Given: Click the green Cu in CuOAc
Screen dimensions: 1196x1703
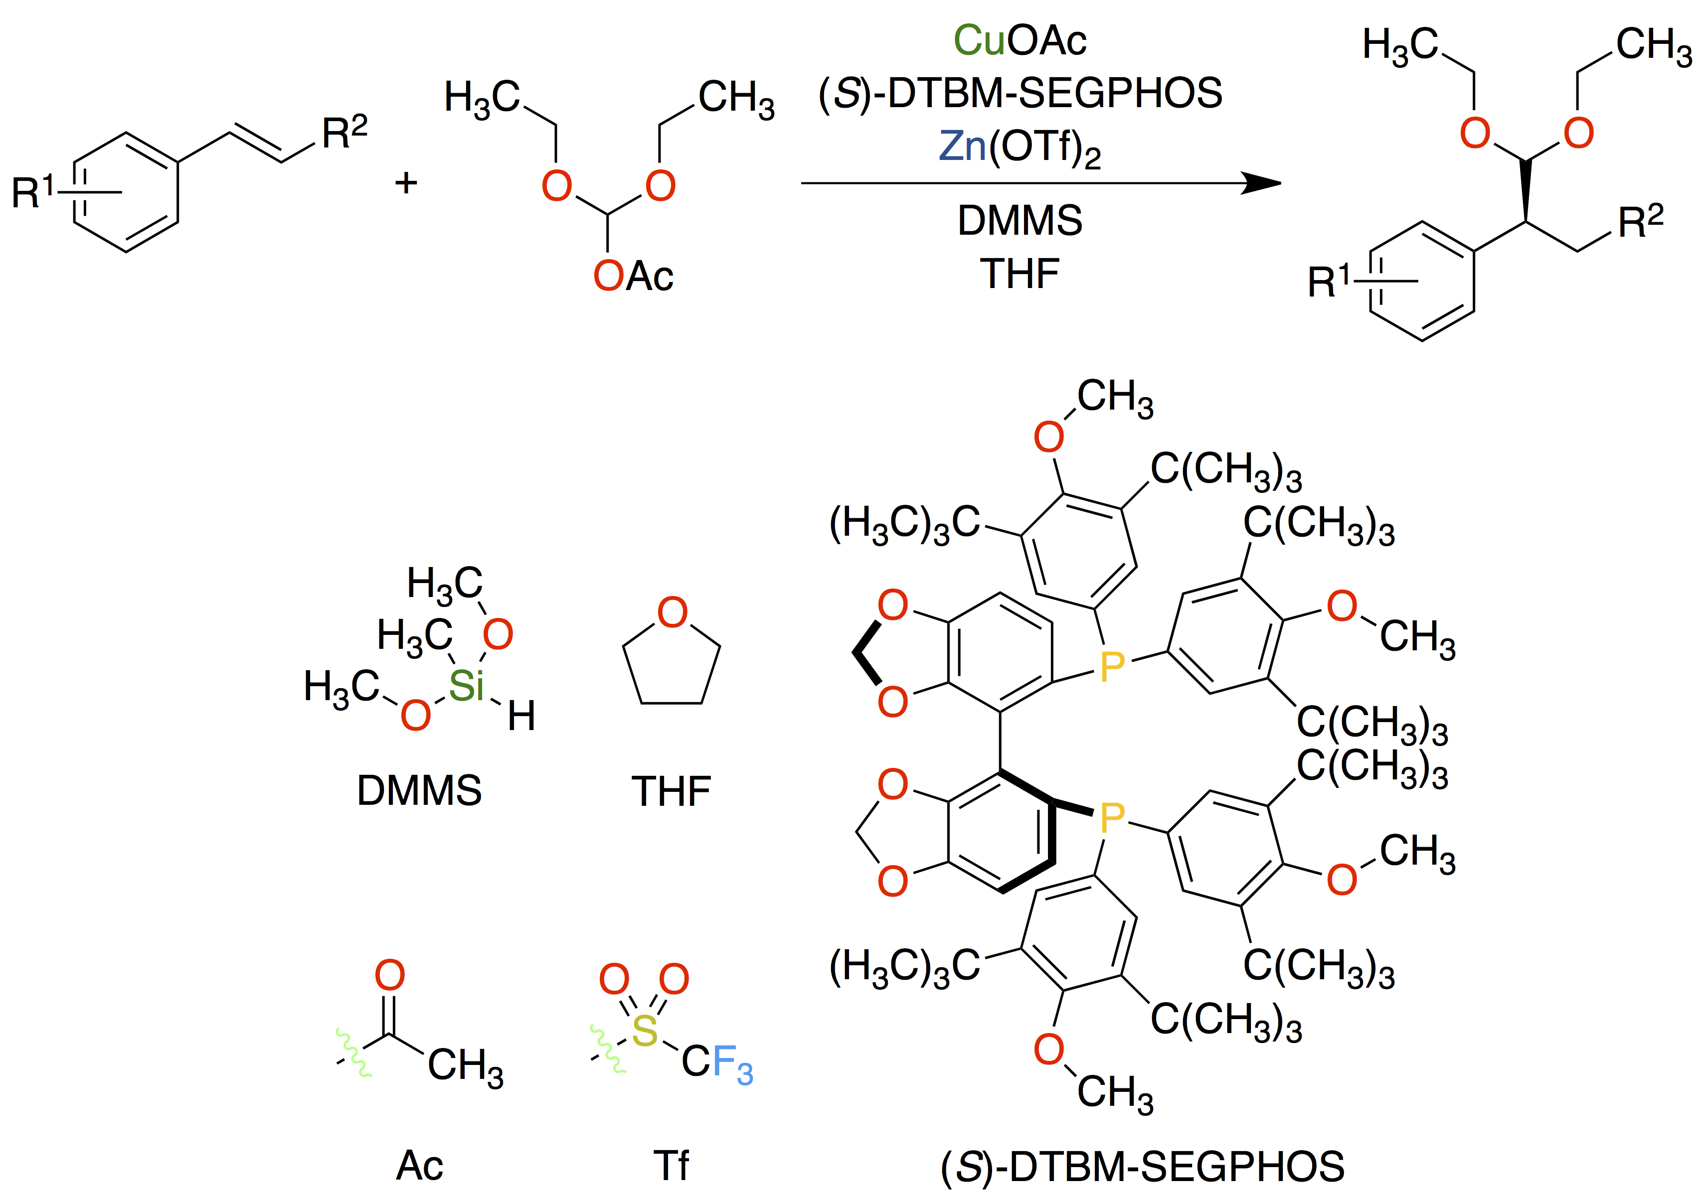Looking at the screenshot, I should pos(978,41).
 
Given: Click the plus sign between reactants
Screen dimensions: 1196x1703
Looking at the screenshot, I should pos(406,182).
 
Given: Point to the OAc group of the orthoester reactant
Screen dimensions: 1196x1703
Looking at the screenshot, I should pos(633,276).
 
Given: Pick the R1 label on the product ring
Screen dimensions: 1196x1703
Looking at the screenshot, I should pos(1328,281).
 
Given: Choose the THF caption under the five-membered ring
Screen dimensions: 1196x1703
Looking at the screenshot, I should pos(671,791).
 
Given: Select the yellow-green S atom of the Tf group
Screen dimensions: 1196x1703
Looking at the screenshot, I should pos(645,1031).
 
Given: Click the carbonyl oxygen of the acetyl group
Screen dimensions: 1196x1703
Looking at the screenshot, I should pos(389,975).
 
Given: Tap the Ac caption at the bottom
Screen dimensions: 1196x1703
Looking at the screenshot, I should pos(419,1165).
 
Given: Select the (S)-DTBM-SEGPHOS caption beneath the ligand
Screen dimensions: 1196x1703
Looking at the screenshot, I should pos(1142,1166).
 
